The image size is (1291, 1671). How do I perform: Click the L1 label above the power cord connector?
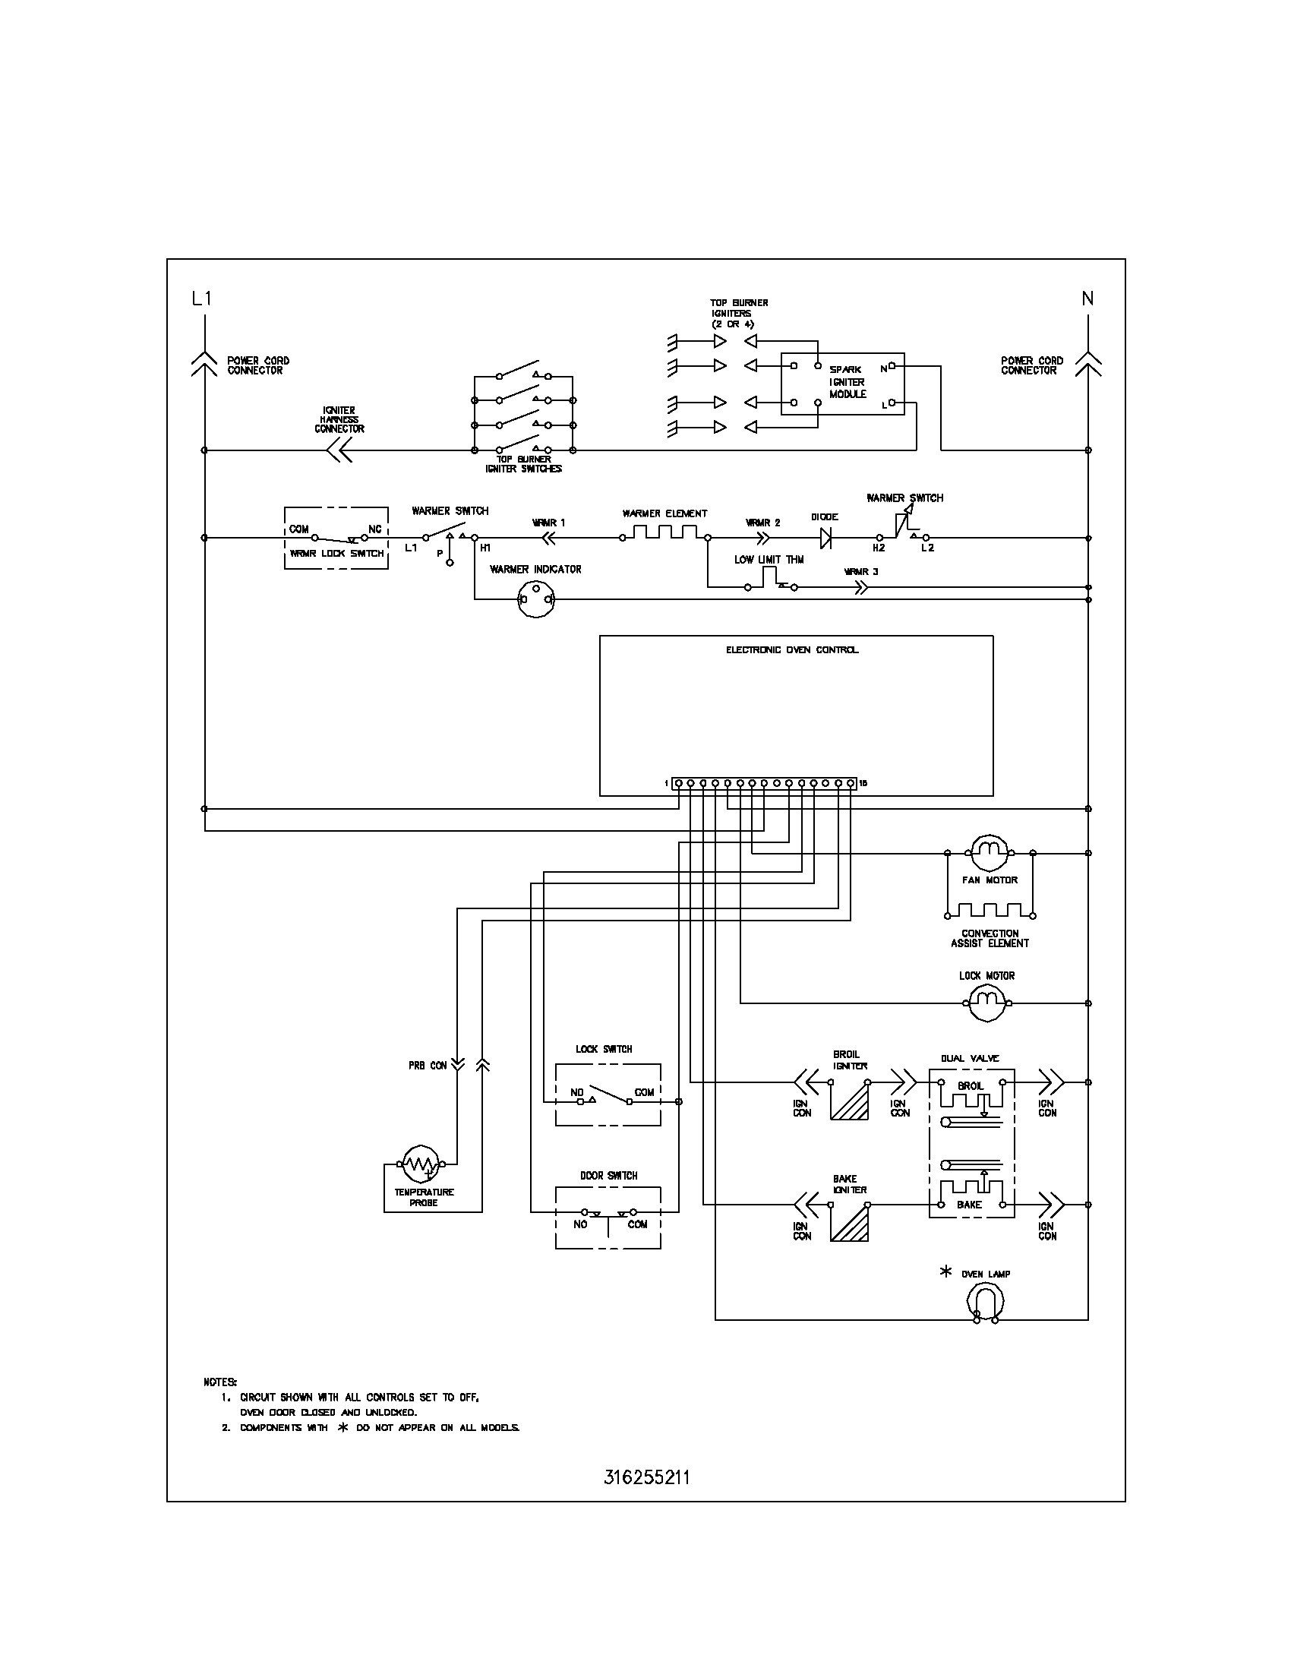pyautogui.click(x=201, y=299)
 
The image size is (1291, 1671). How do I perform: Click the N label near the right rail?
pyautogui.click(x=1087, y=299)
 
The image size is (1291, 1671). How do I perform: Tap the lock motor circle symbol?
pyautogui.click(x=990, y=1003)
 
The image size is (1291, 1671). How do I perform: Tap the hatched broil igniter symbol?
pyautogui.click(x=850, y=1102)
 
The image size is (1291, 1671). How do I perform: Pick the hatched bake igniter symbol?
pyautogui.click(x=850, y=1224)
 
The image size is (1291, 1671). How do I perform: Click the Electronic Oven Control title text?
pyautogui.click(x=791, y=650)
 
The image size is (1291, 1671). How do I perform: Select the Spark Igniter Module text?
pyautogui.click(x=848, y=382)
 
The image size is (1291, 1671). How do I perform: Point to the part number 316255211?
pyautogui.click(x=646, y=1477)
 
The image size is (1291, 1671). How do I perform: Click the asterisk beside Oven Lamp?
pyautogui.click(x=946, y=1271)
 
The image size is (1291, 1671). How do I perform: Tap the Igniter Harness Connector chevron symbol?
pyautogui.click(x=338, y=451)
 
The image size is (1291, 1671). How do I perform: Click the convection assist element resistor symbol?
pyautogui.click(x=990, y=911)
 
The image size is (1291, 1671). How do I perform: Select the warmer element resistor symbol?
pyautogui.click(x=664, y=532)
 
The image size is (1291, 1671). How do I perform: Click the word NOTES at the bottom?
pyautogui.click(x=220, y=1382)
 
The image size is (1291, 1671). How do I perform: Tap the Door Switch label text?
pyautogui.click(x=608, y=1175)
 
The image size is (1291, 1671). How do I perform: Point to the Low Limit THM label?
pyautogui.click(x=769, y=560)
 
